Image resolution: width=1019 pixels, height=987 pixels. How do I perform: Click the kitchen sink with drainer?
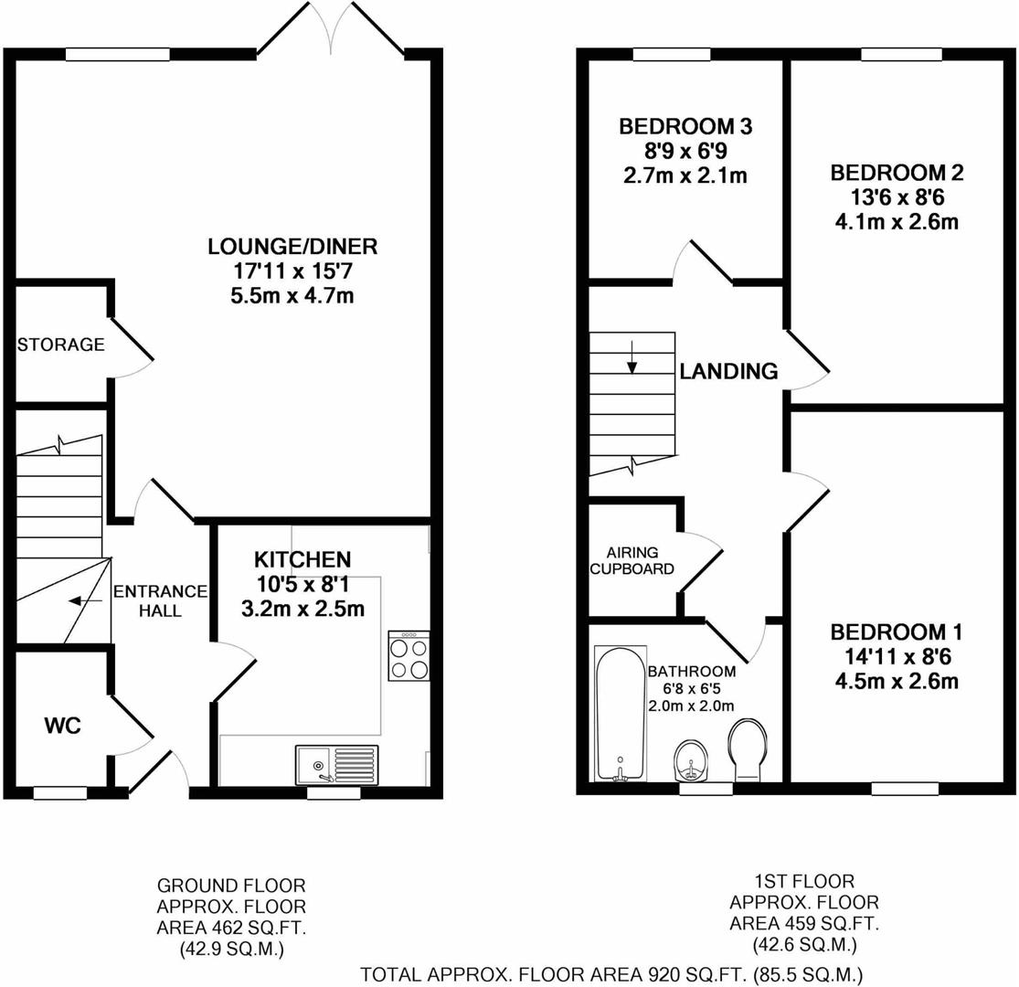pyautogui.click(x=336, y=764)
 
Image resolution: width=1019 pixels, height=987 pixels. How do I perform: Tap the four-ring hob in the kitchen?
pyautogui.click(x=409, y=656)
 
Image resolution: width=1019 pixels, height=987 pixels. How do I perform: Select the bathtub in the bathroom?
pyautogui.click(x=621, y=714)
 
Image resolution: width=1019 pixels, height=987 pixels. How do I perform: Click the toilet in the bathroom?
pyautogui.click(x=748, y=748)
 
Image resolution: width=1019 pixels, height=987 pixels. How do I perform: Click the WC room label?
pyautogui.click(x=63, y=727)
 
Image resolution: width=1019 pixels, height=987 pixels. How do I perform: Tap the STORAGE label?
pyautogui.click(x=60, y=345)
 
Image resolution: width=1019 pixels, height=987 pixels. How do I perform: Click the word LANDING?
pyautogui.click(x=728, y=371)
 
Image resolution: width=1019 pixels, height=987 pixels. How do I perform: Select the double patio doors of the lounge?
pyautogui.click(x=332, y=29)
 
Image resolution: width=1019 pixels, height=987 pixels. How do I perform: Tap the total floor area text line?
pyautogui.click(x=611, y=974)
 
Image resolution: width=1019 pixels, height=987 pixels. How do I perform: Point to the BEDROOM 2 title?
pyautogui.click(x=897, y=174)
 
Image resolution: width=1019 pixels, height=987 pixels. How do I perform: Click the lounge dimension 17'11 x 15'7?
pyautogui.click(x=292, y=271)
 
